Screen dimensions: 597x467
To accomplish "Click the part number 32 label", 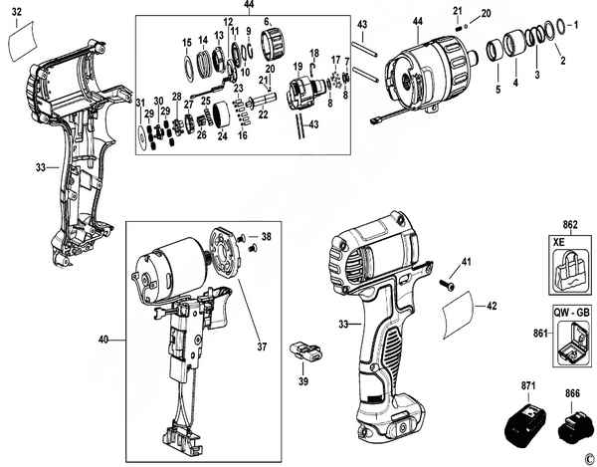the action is pyautogui.click(x=17, y=11).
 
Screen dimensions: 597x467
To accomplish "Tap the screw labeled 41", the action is pyautogui.click(x=447, y=284).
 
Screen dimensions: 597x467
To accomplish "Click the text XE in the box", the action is pyautogui.click(x=559, y=242).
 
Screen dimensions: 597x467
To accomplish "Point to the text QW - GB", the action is pyautogui.click(x=572, y=313).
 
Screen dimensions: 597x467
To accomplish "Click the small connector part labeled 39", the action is pyautogui.click(x=305, y=351).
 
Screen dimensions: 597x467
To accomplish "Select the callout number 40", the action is pyautogui.click(x=103, y=339).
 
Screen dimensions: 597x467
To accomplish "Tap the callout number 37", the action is pyautogui.click(x=262, y=347).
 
